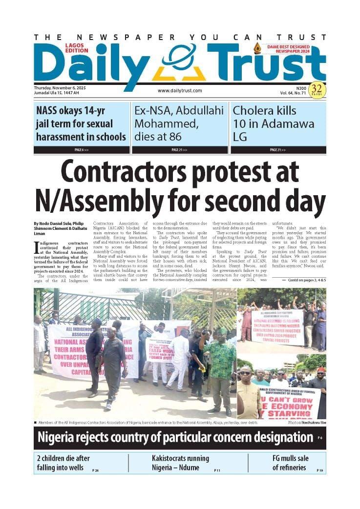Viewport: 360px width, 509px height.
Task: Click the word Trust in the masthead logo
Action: click(x=266, y=63)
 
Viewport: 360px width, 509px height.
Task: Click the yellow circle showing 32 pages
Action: click(x=317, y=89)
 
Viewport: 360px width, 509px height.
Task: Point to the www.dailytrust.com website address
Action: click(x=180, y=90)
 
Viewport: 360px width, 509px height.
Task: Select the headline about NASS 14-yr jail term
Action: click(x=81, y=123)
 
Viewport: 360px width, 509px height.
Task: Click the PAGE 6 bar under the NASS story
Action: click(x=82, y=150)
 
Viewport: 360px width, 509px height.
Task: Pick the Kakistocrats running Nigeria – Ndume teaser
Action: click(x=180, y=463)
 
